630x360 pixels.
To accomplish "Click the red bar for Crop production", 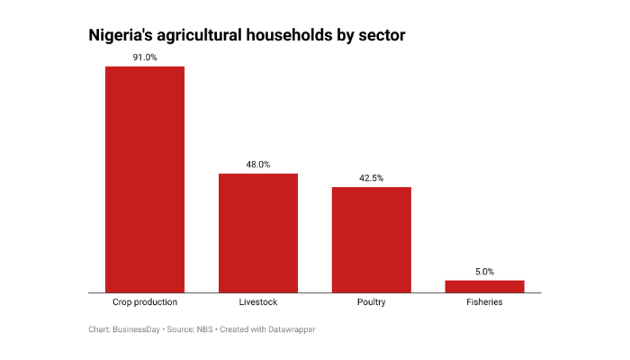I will (145, 179).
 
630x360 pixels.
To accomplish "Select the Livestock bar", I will (258, 233).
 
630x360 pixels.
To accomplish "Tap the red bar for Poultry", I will (371, 239).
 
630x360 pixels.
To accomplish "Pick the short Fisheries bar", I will (484, 286).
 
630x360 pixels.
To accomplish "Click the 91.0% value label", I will (145, 58).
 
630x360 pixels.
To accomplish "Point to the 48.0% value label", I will (258, 165).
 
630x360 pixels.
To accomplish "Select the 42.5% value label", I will (371, 178).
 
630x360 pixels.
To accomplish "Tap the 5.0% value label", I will (484, 272).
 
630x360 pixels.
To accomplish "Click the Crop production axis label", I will (145, 302).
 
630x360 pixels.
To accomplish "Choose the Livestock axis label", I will (258, 302).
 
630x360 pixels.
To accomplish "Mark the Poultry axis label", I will (371, 302).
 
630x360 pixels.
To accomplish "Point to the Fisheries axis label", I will (484, 302).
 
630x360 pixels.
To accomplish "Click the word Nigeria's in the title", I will (121, 37).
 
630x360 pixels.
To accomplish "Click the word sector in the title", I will (383, 37).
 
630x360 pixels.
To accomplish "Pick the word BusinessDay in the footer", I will (138, 329).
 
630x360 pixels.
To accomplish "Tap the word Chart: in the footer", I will (100, 329).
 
